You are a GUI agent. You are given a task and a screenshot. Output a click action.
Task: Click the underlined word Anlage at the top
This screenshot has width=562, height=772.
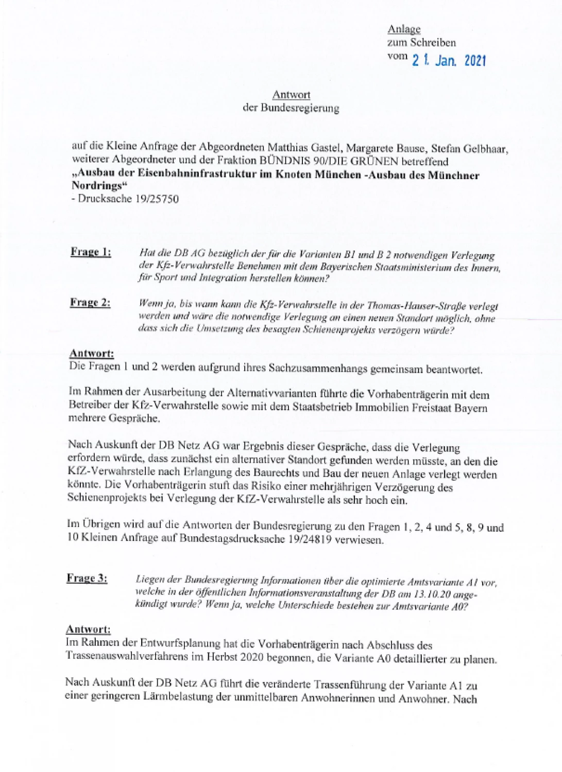pyautogui.click(x=404, y=29)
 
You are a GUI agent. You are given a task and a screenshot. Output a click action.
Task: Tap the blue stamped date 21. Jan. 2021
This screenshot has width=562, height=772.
pyautogui.click(x=448, y=61)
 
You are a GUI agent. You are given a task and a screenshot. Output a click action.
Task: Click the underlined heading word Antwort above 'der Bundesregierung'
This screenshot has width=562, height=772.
pyautogui.click(x=291, y=95)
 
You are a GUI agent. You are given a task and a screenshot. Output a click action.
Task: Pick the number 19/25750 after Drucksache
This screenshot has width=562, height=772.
pyautogui.click(x=155, y=199)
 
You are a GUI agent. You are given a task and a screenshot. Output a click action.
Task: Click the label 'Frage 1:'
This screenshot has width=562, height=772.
pyautogui.click(x=90, y=252)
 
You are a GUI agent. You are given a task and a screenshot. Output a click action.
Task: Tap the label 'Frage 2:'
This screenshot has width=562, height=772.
pyautogui.click(x=90, y=303)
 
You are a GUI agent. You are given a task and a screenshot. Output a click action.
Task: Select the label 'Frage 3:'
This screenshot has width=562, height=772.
pyautogui.click(x=87, y=578)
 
